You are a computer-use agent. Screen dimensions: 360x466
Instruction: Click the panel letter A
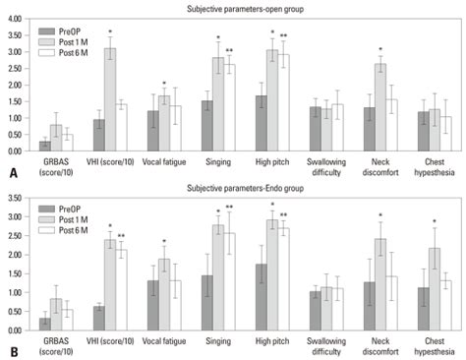point(9,172)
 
